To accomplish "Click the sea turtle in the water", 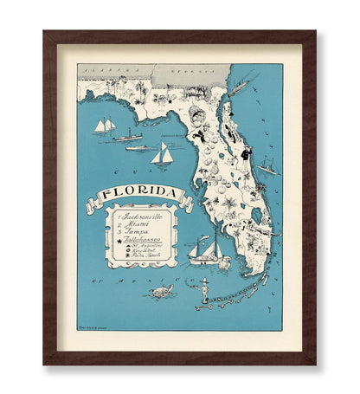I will point(159,292).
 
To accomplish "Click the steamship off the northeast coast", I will point(238,87).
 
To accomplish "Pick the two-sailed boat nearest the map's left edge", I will point(105,126).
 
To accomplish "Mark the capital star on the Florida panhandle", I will point(163,94).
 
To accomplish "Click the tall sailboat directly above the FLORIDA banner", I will point(162,155).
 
